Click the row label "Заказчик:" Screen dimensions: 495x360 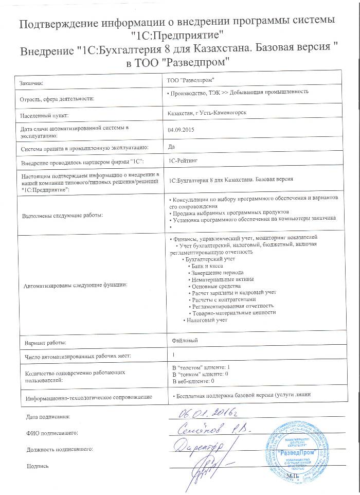point(32,82)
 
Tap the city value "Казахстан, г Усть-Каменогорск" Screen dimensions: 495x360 point(203,113)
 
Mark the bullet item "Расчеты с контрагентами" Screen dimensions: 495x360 point(223,299)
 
